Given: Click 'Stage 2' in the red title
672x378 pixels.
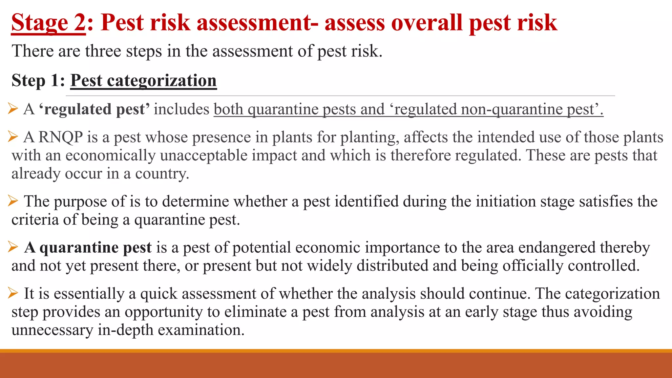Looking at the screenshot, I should [48, 23].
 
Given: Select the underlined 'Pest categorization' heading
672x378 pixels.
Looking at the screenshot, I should [143, 80].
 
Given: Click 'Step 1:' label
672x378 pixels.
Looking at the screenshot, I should [38, 80].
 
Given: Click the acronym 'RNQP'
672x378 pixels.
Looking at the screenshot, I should [61, 137].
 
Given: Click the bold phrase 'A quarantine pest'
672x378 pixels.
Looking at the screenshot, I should [88, 247].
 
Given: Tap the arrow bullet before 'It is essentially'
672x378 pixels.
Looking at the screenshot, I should [13, 292].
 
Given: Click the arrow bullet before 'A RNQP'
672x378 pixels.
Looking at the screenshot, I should [13, 136].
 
